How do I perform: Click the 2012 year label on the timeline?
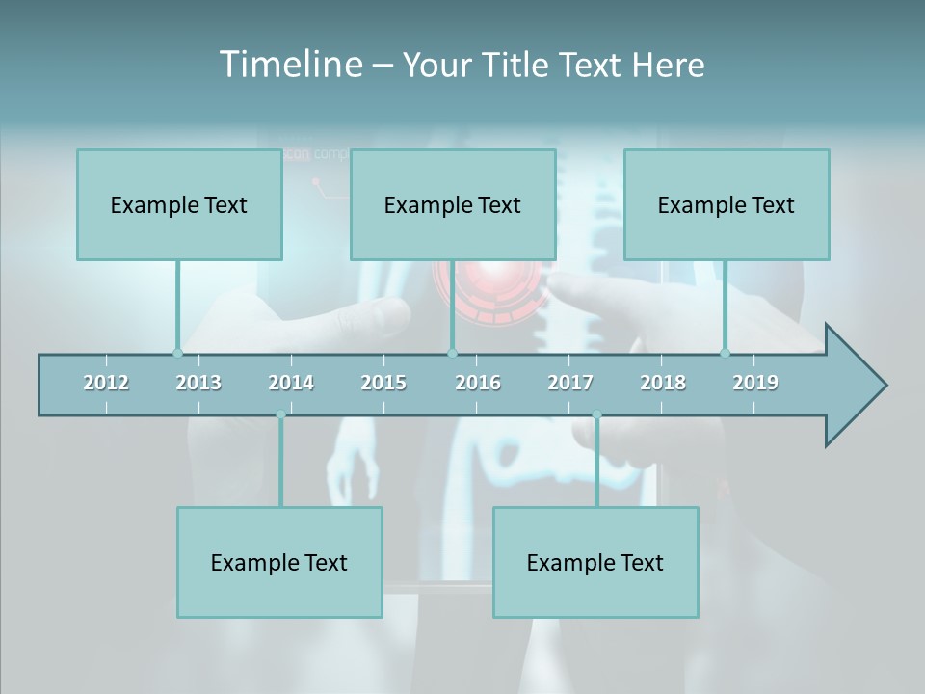click(106, 383)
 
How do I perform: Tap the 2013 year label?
click(198, 383)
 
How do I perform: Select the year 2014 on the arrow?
click(291, 383)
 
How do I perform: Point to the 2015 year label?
click(383, 383)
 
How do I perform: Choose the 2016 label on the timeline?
click(478, 383)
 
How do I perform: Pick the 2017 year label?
click(570, 383)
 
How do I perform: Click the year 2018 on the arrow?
click(663, 383)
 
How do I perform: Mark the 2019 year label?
click(755, 383)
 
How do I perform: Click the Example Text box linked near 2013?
click(179, 205)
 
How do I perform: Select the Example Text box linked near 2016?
click(453, 205)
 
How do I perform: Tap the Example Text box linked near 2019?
click(727, 205)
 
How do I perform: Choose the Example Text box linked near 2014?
click(279, 563)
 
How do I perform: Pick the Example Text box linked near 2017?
click(595, 563)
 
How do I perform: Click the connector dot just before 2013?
click(177, 353)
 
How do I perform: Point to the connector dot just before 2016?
click(452, 353)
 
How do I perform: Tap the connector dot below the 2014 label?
click(280, 415)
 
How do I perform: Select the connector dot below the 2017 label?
click(596, 415)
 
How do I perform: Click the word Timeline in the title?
click(290, 65)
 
